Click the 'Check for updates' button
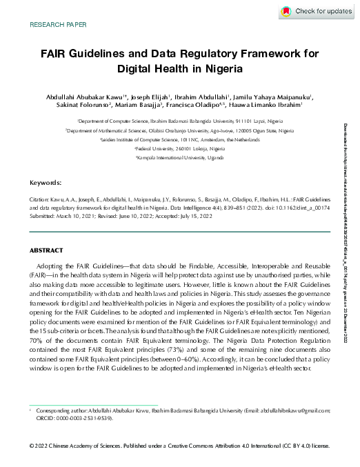(317, 12)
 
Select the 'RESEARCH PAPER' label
(59, 25)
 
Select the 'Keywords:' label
(46, 183)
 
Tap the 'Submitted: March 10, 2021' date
(65, 217)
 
